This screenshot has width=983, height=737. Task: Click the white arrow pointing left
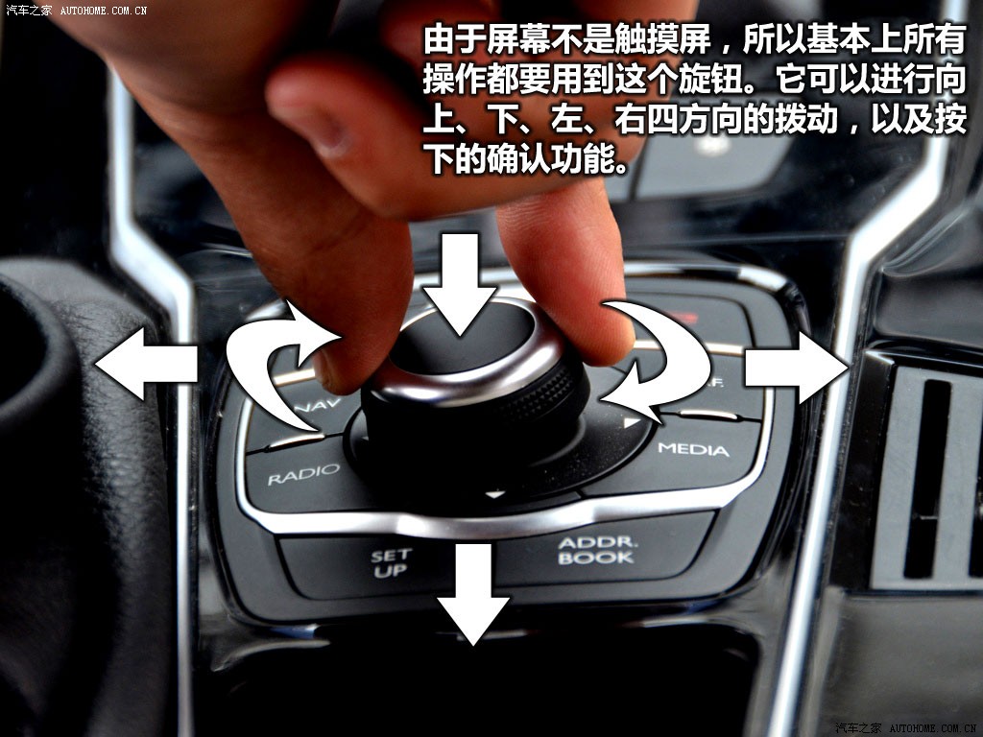tap(146, 364)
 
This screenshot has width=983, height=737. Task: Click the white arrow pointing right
tap(796, 368)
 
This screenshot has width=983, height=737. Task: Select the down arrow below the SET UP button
tap(473, 593)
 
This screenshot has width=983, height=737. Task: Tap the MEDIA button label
tap(693, 449)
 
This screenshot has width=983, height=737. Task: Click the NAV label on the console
tap(320, 406)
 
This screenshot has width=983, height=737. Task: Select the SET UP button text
tap(392, 562)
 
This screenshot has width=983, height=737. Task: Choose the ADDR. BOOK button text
tap(597, 550)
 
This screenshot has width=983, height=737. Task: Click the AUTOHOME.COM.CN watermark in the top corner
tap(104, 10)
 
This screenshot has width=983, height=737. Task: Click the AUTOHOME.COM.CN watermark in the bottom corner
tap(933, 728)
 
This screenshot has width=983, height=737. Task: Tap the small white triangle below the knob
tap(495, 494)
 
